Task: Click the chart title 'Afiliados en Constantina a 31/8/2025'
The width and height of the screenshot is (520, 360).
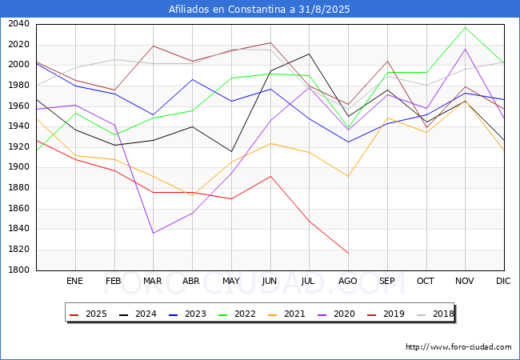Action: click(259, 10)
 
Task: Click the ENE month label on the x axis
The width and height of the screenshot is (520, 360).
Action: click(75, 282)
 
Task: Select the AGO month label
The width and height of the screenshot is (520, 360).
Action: click(348, 282)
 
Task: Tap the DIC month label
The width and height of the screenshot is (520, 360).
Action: click(504, 282)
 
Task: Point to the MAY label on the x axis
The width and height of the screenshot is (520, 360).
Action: click(231, 282)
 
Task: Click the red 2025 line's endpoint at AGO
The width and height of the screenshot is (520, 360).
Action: click(348, 254)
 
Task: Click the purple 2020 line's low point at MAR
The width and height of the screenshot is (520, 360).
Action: click(153, 233)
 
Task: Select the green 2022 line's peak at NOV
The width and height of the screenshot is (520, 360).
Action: click(465, 27)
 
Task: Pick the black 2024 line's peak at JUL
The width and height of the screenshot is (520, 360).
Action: click(309, 54)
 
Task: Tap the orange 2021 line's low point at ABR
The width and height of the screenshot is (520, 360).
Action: click(192, 195)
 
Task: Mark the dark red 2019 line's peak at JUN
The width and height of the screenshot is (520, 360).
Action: click(270, 42)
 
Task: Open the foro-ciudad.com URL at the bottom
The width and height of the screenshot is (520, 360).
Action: click(458, 347)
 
